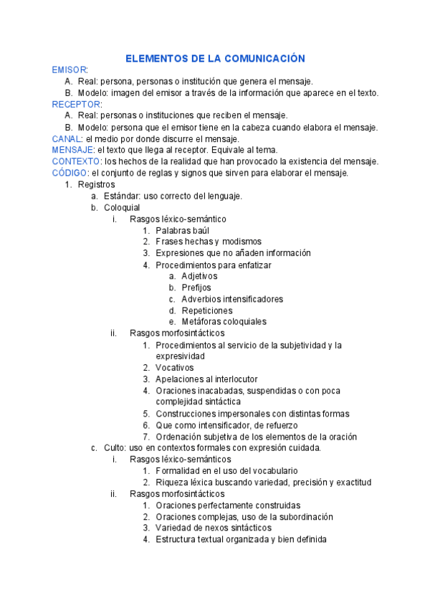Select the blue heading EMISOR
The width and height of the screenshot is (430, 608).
click(69, 70)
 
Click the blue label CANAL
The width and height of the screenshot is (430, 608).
click(66, 138)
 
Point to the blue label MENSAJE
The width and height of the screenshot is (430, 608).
click(72, 150)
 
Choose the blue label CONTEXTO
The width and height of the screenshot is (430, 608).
click(77, 161)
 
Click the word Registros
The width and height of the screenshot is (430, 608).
click(95, 184)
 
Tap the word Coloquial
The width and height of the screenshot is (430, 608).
click(122, 207)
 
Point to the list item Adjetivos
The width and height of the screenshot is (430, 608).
click(199, 276)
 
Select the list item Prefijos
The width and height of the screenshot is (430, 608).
click(196, 288)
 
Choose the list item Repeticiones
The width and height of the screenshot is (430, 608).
click(207, 310)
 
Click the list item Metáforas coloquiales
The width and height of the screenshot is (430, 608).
click(224, 322)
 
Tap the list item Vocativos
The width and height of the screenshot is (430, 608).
click(174, 368)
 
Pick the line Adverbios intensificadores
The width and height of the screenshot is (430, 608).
click(232, 299)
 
